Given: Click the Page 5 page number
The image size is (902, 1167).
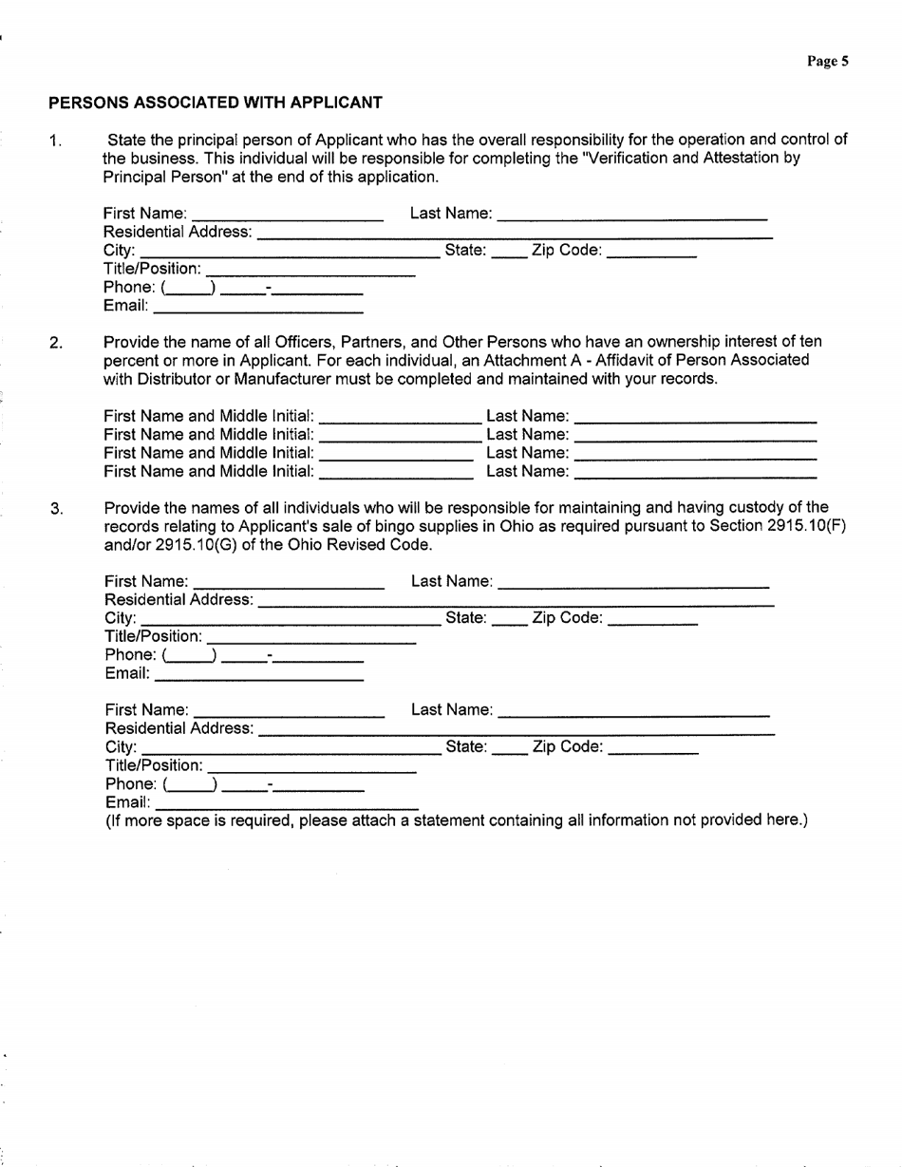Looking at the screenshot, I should coord(827,62).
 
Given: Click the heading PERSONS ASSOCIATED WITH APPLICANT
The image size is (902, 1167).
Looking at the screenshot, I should coord(216,102).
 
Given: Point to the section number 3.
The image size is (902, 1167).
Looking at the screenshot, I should coord(56,510).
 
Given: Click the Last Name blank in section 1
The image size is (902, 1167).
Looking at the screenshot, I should coord(631,214).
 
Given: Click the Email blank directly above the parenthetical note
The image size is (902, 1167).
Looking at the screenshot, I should coord(286,804).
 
